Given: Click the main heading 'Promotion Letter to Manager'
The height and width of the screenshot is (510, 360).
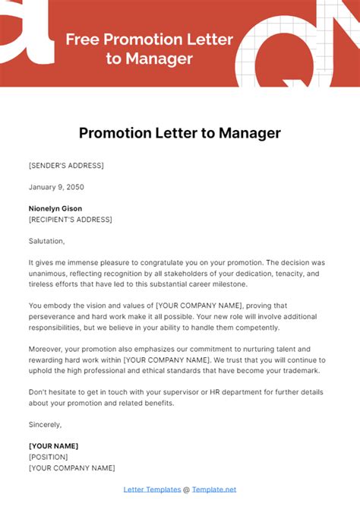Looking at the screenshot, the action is (180, 133).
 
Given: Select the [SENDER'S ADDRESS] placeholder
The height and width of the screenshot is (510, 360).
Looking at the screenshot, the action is (66, 165).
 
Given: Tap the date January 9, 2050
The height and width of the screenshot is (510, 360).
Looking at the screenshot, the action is (56, 186).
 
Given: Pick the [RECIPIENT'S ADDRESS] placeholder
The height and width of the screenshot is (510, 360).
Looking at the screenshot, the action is (70, 219).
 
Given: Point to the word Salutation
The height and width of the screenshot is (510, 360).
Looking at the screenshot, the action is (46, 241).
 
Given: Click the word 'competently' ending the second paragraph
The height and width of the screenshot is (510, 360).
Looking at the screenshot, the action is (256, 327).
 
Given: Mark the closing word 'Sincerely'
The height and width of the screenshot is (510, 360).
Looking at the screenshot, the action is (45, 424).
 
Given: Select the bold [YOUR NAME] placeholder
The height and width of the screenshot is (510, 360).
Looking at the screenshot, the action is (53, 446).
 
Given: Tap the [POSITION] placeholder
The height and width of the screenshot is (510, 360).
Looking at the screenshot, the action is (48, 457).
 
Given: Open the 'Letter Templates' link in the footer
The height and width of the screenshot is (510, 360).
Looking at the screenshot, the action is (153, 489).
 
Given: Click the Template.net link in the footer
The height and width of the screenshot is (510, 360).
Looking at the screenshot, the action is (214, 489).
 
